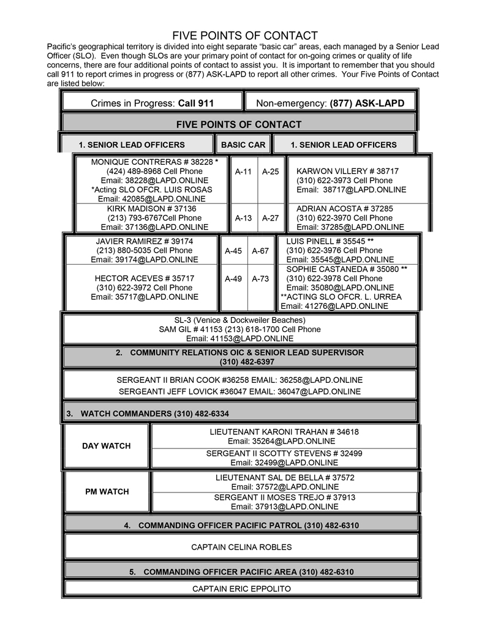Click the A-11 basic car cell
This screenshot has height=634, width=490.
click(243, 172)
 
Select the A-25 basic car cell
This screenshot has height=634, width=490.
click(270, 172)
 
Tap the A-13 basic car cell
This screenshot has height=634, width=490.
click(243, 217)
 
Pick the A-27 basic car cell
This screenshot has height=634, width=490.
click(270, 217)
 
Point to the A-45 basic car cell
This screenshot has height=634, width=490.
click(233, 251)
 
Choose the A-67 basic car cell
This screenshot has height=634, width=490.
click(260, 251)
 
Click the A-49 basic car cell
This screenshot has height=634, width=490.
click(233, 279)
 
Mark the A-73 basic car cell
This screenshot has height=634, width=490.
click(260, 279)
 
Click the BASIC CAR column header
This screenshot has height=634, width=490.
click(243, 145)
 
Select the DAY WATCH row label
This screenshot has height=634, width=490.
click(107, 446)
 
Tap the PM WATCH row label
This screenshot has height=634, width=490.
click(107, 491)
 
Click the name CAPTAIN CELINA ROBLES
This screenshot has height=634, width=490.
click(241, 547)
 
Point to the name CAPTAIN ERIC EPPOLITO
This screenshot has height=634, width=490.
click(241, 589)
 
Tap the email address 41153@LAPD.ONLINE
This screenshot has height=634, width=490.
click(239, 338)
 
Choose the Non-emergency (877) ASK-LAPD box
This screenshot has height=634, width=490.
click(330, 104)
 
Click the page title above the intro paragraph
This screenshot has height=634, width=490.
click(244, 36)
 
